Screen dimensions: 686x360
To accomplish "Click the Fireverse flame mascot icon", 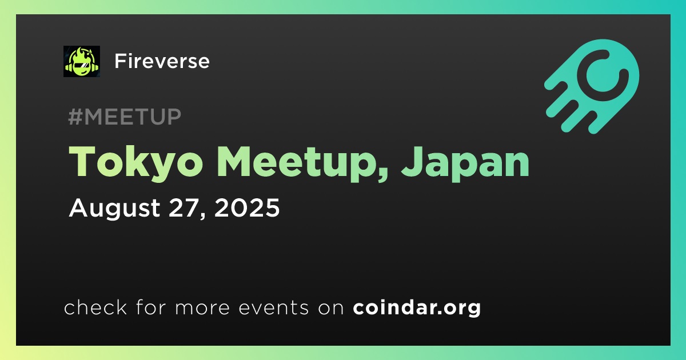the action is click(x=81, y=61).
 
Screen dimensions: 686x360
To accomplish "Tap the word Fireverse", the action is click(x=162, y=61).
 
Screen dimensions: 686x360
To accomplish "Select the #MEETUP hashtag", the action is click(x=125, y=117).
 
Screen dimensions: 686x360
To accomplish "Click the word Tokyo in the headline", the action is click(x=135, y=162).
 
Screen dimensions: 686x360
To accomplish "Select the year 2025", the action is click(x=247, y=208).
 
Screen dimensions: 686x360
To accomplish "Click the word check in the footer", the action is click(x=95, y=307).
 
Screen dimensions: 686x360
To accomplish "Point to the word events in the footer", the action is click(x=273, y=308).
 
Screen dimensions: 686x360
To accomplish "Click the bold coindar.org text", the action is click(x=417, y=308).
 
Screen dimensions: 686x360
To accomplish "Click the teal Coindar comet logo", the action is click(x=592, y=87).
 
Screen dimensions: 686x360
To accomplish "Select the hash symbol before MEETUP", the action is click(x=75, y=117).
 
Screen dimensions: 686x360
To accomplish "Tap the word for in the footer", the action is click(x=151, y=307).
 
